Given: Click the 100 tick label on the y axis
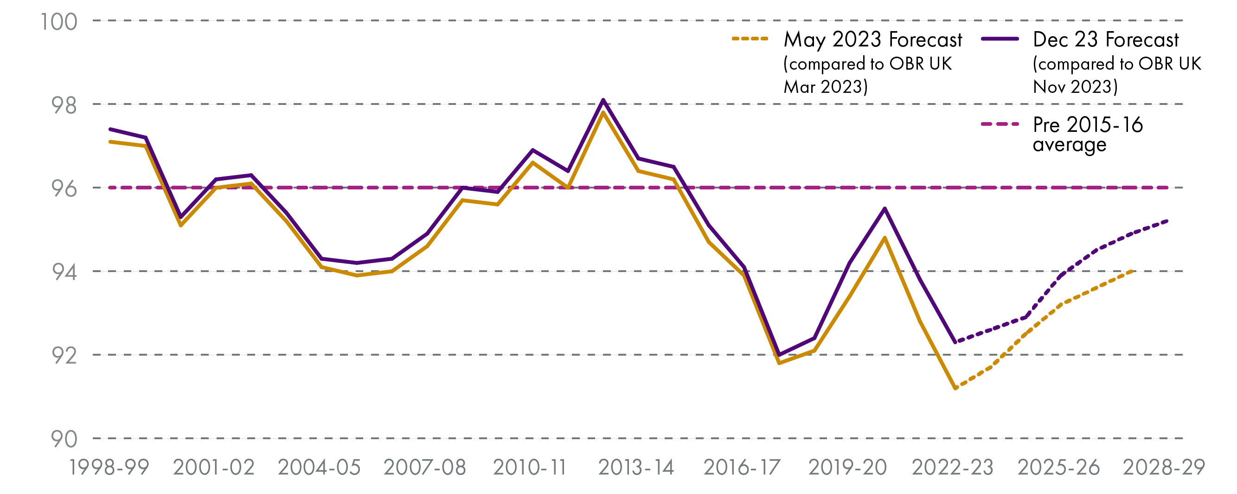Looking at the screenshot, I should click(58, 22).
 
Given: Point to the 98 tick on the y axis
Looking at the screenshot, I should click(64, 106).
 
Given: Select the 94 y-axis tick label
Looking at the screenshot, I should click(64, 273).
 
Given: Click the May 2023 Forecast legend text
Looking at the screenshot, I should click(872, 39).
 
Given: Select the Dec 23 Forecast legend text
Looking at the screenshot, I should click(1105, 39).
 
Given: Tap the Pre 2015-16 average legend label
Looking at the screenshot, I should click(1088, 134).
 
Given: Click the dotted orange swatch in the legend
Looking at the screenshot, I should click(750, 39).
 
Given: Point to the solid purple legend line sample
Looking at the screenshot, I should click(1000, 39).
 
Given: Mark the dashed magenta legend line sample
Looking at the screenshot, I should click(1000, 124).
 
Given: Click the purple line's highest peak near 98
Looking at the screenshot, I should click(603, 100).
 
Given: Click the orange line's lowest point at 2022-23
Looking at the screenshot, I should click(955, 388).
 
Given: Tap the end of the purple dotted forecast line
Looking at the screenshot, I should click(1167, 221).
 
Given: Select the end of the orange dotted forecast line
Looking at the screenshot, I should click(1132, 272).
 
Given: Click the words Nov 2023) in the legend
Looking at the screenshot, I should click(1075, 87).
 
